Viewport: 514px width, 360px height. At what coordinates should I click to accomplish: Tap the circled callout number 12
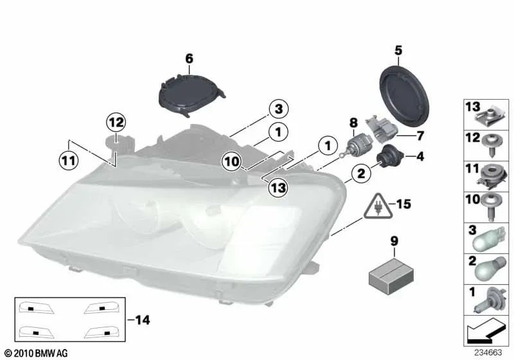[x=116, y=121]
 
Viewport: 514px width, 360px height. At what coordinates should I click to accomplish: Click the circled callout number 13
[x=278, y=187]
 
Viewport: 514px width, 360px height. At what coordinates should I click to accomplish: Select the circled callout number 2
[x=361, y=172]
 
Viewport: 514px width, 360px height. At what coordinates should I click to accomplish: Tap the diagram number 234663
[x=489, y=352]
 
